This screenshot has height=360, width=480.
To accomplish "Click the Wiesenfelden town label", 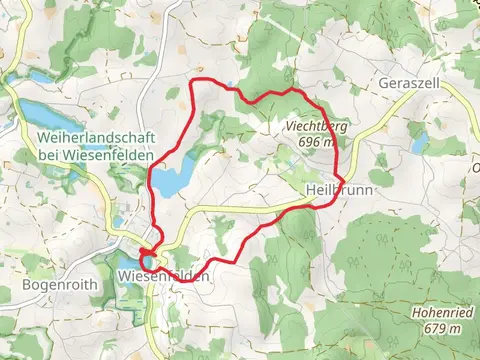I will [163, 276].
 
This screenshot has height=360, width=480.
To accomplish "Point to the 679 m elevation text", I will [441, 328].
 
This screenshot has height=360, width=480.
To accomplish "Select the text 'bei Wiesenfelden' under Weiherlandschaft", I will [97, 156].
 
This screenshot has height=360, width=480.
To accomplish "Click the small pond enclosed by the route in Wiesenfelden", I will [147, 260].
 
